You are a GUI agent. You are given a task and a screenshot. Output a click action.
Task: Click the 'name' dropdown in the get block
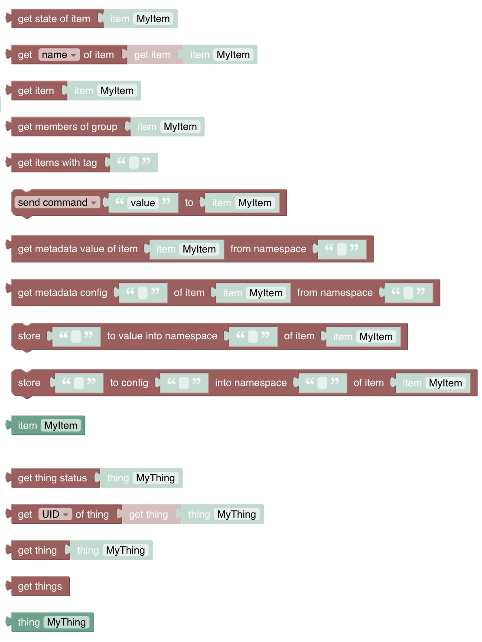[x=59, y=55]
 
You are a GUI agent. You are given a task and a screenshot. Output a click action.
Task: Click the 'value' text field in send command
[x=143, y=203]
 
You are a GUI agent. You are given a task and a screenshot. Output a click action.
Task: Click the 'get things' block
[x=40, y=586]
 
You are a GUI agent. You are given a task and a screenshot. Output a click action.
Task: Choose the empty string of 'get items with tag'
[x=134, y=162]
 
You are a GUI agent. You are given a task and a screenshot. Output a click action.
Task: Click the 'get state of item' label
[x=54, y=19]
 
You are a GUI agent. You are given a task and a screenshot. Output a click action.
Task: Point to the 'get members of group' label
[x=67, y=126]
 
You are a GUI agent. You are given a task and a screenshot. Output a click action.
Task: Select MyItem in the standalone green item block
[x=61, y=425]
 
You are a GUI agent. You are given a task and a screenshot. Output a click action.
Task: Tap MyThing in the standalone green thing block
[x=66, y=622]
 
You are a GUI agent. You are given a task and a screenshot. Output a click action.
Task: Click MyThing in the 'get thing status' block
[x=155, y=478]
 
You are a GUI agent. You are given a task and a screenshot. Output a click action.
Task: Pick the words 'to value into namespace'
[x=162, y=336]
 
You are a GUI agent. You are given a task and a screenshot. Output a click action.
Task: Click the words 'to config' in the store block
[x=129, y=383]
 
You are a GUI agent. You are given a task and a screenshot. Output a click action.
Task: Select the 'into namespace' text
[x=251, y=383]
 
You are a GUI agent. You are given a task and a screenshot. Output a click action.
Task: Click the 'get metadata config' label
[x=62, y=292]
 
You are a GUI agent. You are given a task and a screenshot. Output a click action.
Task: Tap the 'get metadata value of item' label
[x=78, y=249]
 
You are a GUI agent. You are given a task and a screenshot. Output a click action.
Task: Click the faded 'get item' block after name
[x=152, y=55]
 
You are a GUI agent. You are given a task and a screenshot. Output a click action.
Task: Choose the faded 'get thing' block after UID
[x=148, y=514]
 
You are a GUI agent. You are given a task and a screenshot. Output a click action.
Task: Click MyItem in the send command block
[x=255, y=203]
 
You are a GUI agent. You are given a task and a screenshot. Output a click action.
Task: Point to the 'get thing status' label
[x=52, y=478]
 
